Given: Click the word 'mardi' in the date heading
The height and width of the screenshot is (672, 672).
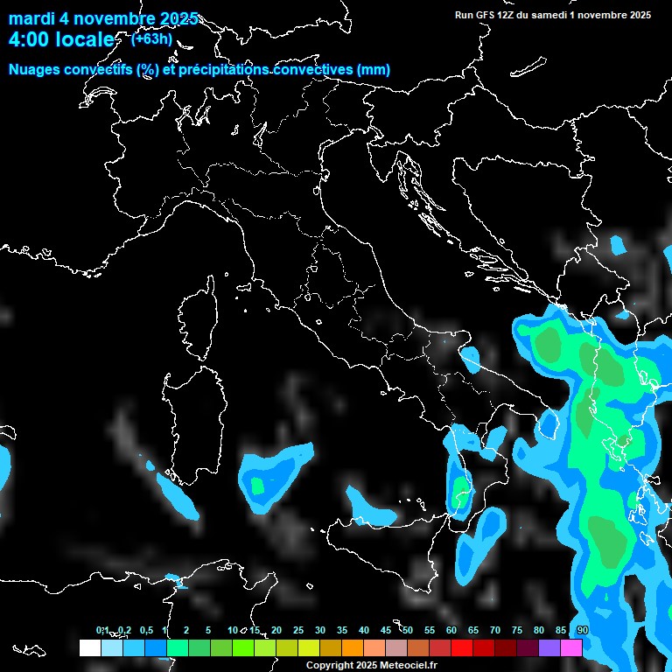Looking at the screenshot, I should click(31, 18).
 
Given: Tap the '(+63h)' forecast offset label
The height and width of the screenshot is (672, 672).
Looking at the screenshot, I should click(151, 38).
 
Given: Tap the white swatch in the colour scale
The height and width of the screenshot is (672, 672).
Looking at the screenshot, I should click(89, 647).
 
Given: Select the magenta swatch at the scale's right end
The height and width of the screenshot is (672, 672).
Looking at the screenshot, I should click(571, 647).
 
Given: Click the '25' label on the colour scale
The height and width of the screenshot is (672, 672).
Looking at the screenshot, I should click(298, 631).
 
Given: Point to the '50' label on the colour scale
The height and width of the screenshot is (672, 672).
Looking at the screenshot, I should click(408, 631).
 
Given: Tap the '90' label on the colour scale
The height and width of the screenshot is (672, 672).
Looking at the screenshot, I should click(582, 631).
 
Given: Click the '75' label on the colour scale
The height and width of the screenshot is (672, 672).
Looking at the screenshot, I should click(517, 631).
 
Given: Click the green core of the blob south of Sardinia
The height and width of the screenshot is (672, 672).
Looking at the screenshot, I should click(257, 484).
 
